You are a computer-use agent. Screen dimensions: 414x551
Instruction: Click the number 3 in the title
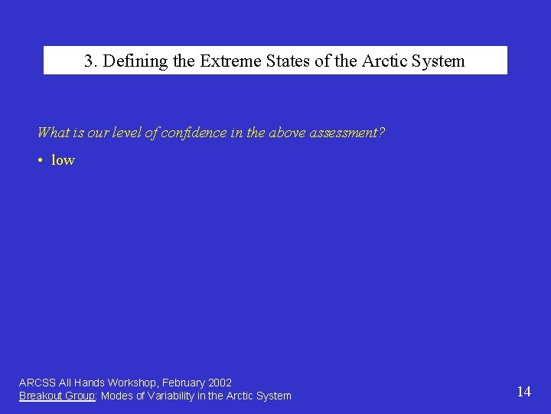coord(89,61)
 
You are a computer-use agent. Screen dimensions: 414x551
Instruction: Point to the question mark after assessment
coord(382,133)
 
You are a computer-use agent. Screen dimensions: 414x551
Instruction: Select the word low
coord(63,160)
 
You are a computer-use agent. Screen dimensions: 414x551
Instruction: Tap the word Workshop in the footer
coord(132,383)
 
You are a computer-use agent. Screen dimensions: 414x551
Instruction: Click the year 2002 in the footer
coord(220,383)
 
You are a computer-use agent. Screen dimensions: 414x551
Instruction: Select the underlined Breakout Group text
coord(57,396)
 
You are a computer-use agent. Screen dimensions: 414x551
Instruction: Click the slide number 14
coord(523,392)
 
